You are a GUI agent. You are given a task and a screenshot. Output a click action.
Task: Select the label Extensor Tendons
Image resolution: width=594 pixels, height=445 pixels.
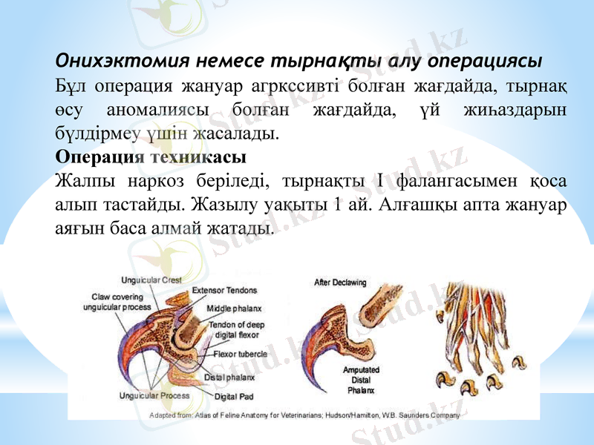coord(224,290)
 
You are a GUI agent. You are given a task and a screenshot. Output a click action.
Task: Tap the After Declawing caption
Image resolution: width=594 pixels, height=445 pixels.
coord(341,282)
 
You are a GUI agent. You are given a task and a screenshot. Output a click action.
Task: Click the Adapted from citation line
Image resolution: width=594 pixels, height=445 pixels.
coord(305,415)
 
